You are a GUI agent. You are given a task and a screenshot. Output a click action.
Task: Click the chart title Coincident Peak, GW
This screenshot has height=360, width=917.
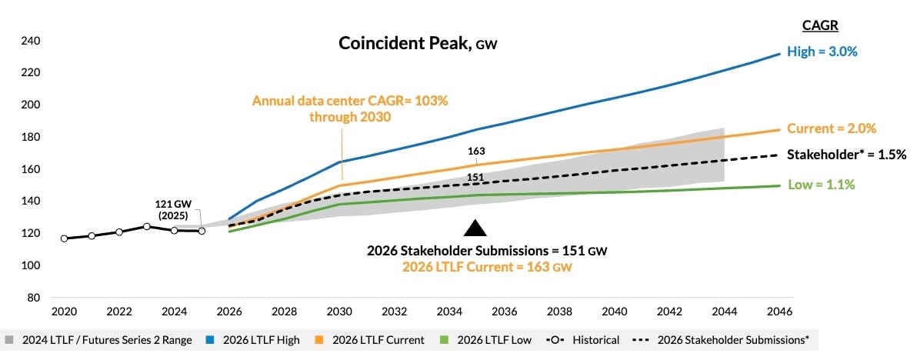[x=418, y=44]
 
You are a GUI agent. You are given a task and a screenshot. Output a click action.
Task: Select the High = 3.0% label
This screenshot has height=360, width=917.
[x=823, y=52]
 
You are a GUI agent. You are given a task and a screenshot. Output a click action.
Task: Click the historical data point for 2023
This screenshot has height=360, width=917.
[x=146, y=226]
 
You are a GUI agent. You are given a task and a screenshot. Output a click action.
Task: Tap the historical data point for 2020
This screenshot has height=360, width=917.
[x=64, y=238]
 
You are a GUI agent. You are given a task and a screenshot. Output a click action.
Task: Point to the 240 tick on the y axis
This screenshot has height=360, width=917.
[x=31, y=41]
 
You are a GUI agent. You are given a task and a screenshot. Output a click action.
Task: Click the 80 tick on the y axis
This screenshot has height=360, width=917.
[x=34, y=298]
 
